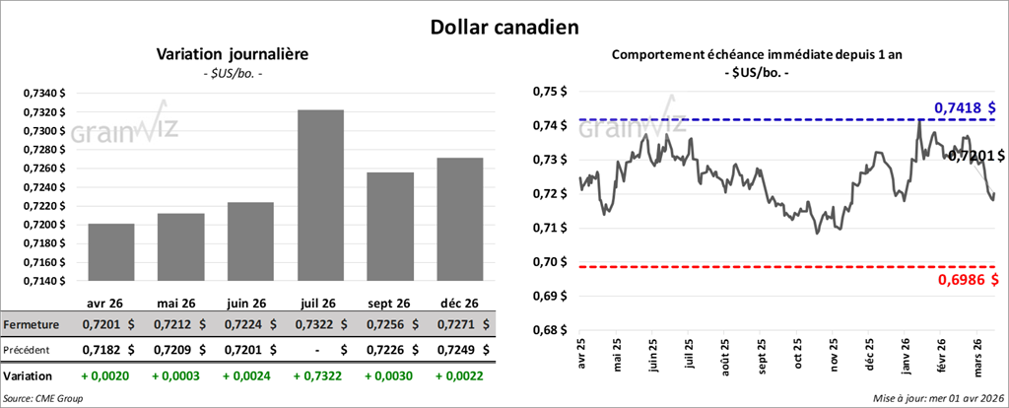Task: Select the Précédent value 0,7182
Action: click(x=101, y=349)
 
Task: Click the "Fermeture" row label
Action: click(x=32, y=324)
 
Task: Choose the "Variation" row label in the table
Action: click(x=29, y=375)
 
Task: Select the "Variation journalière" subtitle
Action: click(x=233, y=55)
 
